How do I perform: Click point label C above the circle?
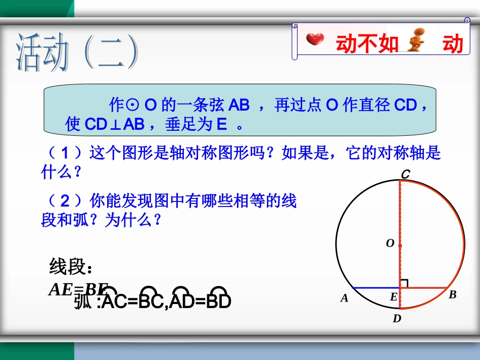405,174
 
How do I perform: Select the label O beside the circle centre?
390,243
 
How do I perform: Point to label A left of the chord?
345,298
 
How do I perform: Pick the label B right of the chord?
453,295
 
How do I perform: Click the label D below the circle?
397,319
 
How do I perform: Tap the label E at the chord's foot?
393,297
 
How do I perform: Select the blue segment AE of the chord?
375,288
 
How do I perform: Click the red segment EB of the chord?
423,288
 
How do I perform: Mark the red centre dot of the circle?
400,245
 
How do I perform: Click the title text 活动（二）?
76,52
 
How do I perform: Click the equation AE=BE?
78,289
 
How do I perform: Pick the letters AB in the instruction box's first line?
239,105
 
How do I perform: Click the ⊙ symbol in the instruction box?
131,106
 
